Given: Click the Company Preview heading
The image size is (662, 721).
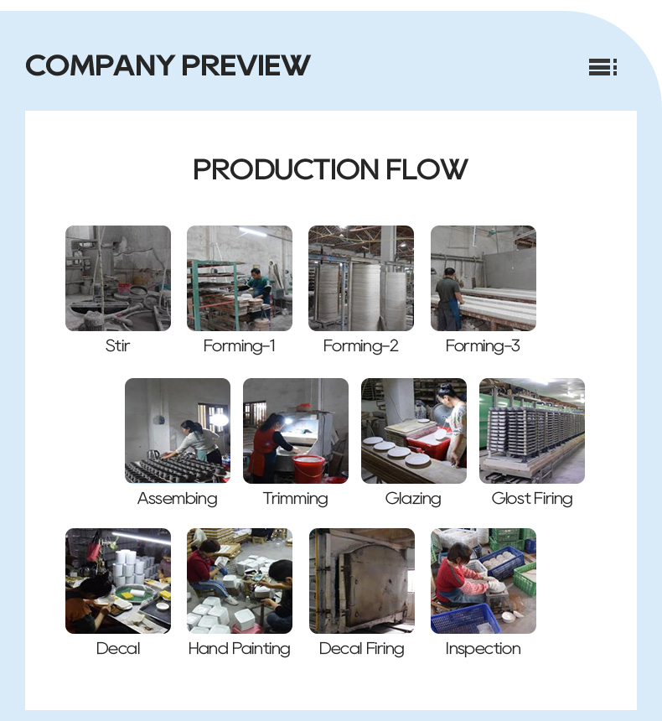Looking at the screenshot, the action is [168, 65].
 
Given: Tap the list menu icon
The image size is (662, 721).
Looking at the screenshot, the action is [603, 67].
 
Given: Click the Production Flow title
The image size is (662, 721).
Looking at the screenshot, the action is [330, 169].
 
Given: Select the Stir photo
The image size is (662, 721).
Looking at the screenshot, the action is [118, 278].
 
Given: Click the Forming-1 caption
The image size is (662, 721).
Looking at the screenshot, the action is [240, 345].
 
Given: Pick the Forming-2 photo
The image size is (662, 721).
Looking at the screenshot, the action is [361, 278].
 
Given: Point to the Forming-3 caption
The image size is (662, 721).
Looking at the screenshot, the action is [483, 345].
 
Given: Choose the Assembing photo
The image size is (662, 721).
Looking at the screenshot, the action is [178, 431].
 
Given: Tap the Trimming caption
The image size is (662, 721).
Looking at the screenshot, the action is [296, 499].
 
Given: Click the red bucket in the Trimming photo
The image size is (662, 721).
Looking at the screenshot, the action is [309, 468].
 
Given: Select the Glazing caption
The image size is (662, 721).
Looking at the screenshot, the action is [413, 499].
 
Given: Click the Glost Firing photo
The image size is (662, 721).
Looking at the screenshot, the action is [532, 431].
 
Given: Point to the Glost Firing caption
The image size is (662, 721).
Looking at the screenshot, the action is [532, 499].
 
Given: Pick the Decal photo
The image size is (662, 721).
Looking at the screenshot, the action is [118, 581].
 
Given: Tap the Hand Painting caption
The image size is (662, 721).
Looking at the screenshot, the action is [240, 649].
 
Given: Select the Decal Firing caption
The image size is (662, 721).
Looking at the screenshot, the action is [362, 649].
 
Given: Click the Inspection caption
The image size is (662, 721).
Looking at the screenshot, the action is [484, 649].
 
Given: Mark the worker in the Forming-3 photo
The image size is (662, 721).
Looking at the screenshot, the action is [447, 298].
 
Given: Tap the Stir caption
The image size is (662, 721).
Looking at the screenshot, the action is [117, 345].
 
